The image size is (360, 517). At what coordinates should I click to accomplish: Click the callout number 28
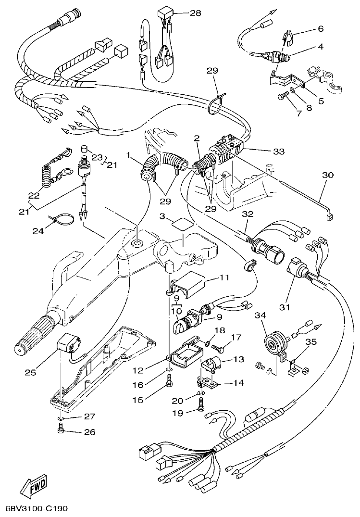pyautogui.click(x=195, y=13)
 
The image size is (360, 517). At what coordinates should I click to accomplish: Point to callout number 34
pyautogui.click(x=260, y=316)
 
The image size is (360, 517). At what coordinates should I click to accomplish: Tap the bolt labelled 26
pyautogui.click(x=61, y=431)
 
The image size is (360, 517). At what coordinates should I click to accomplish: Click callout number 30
pyautogui.click(x=327, y=176)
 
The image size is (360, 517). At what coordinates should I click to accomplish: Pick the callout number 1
pyautogui.click(x=128, y=156)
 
